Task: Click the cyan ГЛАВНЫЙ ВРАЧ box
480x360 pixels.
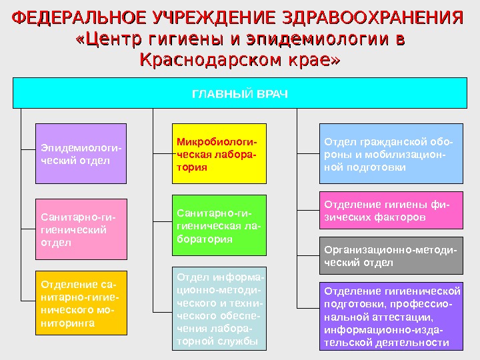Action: pyautogui.click(x=240, y=93)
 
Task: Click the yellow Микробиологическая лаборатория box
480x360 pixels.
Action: pyautogui.click(x=219, y=153)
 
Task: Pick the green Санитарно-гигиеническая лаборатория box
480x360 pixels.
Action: pyautogui.click(x=219, y=225)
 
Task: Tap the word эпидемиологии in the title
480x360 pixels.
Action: pyautogui.click(x=313, y=39)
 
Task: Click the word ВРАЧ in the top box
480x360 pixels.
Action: pyautogui.click(x=273, y=93)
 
